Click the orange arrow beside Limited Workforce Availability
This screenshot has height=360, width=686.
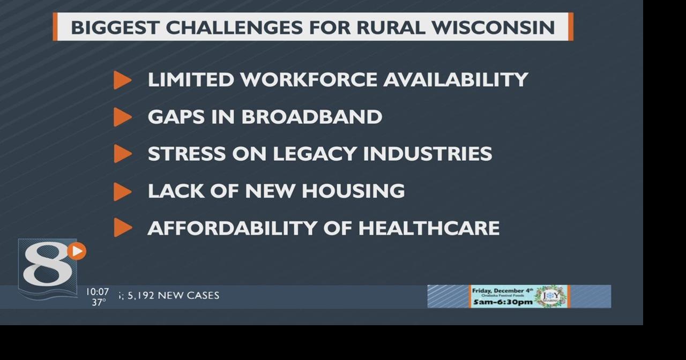point(122,80)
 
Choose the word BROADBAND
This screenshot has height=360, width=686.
point(311,117)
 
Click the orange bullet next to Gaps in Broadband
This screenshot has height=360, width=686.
point(122,117)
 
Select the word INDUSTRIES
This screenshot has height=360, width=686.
point(427,154)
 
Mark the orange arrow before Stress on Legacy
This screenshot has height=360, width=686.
point(122,154)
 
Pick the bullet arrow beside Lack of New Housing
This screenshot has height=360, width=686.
point(122,191)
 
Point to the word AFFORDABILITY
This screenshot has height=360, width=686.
point(232,228)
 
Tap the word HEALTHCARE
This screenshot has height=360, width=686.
point(429,228)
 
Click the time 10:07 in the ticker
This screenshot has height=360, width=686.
point(97,292)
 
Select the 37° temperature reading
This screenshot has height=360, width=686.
point(99,302)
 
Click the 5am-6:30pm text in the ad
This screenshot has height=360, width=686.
point(502,302)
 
